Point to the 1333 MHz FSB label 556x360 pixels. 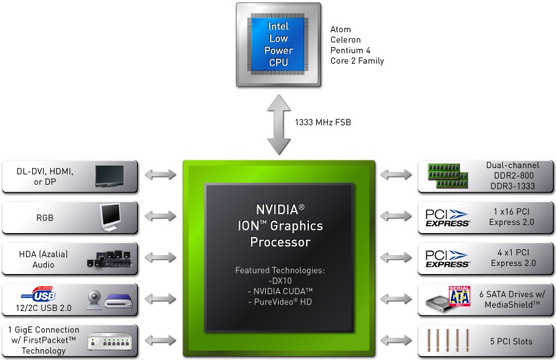click(x=322, y=122)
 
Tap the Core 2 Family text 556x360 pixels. click(x=357, y=61)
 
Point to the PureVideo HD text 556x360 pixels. click(x=281, y=302)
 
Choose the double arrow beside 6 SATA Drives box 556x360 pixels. click(x=397, y=300)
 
